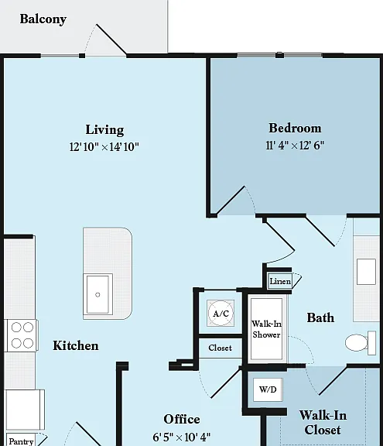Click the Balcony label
(43, 19)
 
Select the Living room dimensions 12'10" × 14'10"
(104, 147)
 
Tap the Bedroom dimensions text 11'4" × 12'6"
(295, 146)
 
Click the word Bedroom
(295, 128)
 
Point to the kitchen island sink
(97, 294)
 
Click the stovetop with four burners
(22, 335)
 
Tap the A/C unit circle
(221, 313)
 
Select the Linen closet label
(280, 281)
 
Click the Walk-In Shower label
(266, 329)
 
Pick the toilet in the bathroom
(361, 343)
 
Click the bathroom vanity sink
(366, 272)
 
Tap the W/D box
(268, 389)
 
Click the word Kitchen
(76, 345)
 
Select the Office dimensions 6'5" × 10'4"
(182, 437)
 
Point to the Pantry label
(21, 441)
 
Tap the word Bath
(320, 317)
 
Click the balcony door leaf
(111, 39)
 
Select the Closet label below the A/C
(221, 348)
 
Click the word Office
(182, 419)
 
